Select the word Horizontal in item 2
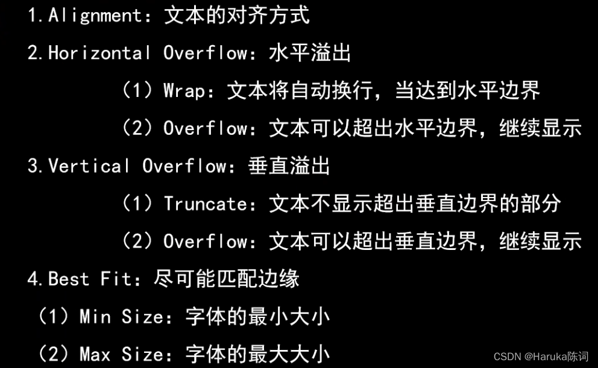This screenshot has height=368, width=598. (100, 54)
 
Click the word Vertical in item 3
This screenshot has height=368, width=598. (89, 166)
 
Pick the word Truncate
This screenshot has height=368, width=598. (205, 204)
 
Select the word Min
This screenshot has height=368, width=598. (95, 317)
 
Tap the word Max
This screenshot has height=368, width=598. (95, 354)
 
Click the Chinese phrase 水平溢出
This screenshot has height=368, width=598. (309, 54)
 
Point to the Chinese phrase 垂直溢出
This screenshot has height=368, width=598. (289, 166)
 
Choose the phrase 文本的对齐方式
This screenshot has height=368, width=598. (237, 16)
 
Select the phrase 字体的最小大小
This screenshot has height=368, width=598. (257, 317)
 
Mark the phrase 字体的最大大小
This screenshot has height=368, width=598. (257, 354)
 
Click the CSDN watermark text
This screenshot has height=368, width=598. (507, 357)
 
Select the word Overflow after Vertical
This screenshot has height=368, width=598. (184, 166)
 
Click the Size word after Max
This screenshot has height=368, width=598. (142, 354)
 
